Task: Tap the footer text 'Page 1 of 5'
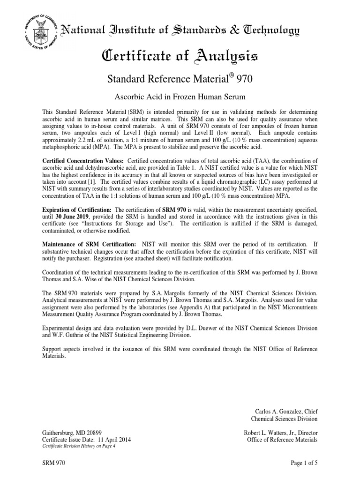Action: [x=303, y=464]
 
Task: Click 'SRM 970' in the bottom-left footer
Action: [x=53, y=464]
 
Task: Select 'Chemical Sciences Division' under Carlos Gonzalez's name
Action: [x=285, y=418]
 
